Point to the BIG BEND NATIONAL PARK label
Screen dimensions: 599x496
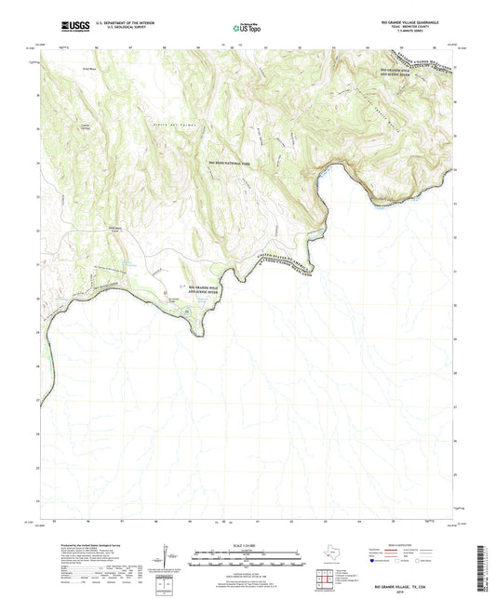point(222,163)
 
